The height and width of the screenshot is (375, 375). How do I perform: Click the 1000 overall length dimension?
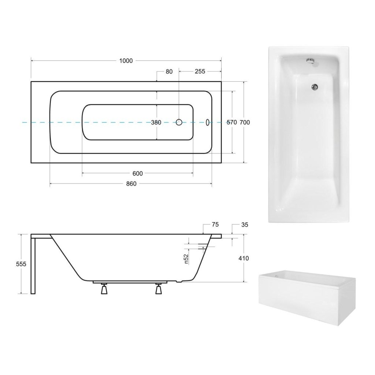[126, 61]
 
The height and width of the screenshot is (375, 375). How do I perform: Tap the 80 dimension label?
[169, 71]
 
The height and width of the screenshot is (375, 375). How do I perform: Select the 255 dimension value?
[200, 71]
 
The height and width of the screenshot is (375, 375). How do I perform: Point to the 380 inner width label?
[156, 122]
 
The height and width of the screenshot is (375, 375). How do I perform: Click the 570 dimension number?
[232, 122]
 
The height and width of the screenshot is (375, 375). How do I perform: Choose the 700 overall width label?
[245, 122]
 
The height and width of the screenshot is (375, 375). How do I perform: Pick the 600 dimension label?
[138, 173]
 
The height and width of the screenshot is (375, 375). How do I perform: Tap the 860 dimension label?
[131, 184]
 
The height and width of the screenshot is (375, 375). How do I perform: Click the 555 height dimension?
[21, 264]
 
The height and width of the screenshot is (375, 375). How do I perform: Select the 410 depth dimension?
[244, 258]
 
